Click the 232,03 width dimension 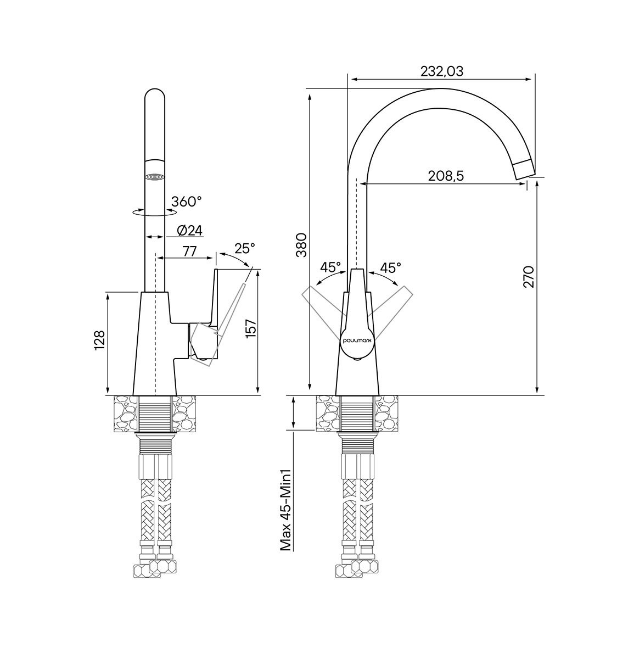tap(441, 71)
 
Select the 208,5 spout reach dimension tap(446, 176)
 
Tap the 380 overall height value tap(301, 245)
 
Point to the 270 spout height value tap(529, 277)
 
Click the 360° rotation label tap(187, 201)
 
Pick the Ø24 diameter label tap(190, 230)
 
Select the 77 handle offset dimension tap(190, 252)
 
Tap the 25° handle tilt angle tap(245, 249)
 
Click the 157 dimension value tap(251, 329)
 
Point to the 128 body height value tap(100, 340)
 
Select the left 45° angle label tap(330, 267)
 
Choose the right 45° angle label tap(390, 267)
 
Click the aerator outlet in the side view tap(155, 177)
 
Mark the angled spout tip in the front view tap(524, 169)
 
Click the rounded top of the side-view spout tap(155, 93)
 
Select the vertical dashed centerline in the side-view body tap(155, 324)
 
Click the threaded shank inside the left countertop tap(155, 415)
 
